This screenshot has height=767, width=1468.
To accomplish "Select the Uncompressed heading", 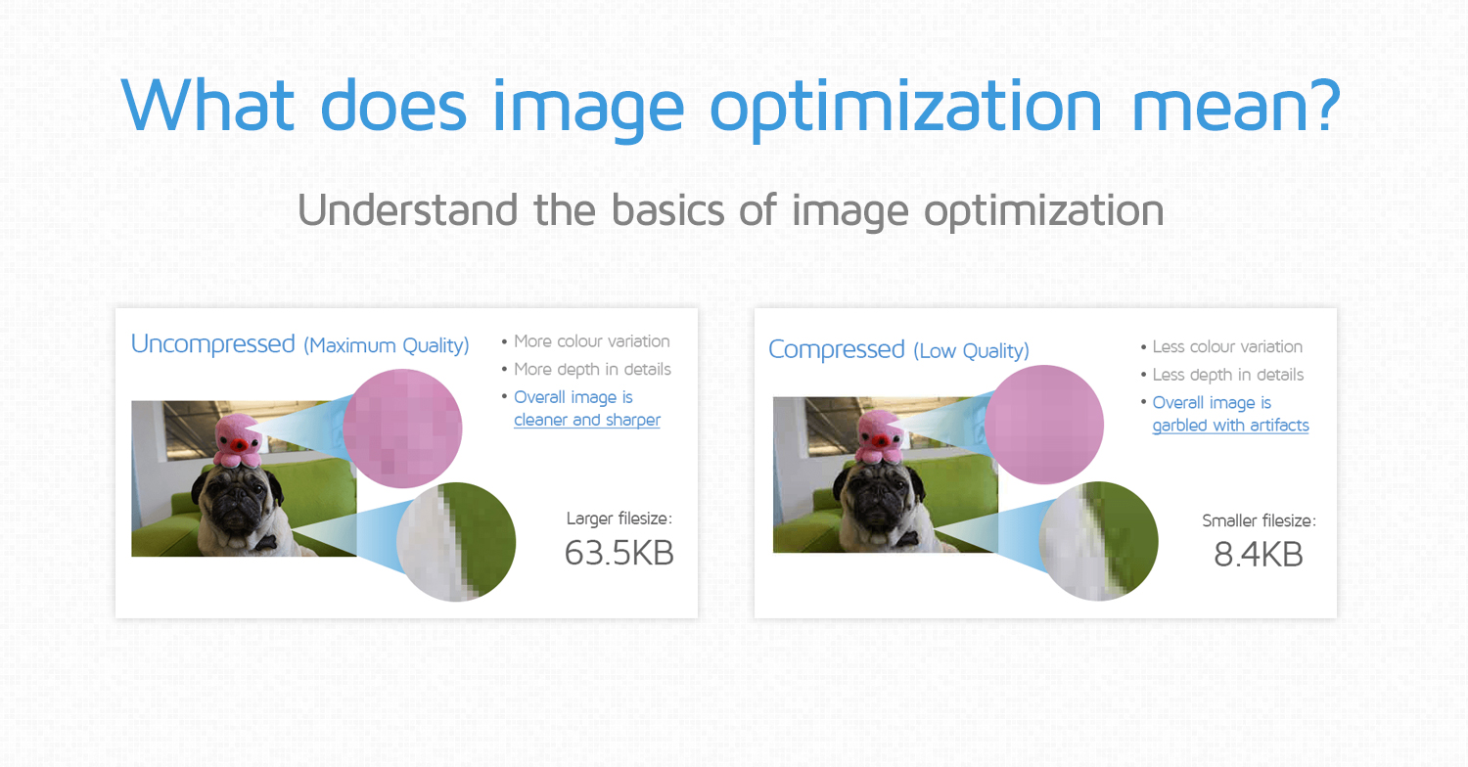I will pos(212,344).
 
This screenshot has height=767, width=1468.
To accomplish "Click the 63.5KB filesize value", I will pos(619,553).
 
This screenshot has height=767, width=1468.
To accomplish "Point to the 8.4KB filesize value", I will pos(1258,555).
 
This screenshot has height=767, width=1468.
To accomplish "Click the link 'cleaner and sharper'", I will pos(587,420).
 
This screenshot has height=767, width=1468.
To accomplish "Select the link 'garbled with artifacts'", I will pos(1230,426).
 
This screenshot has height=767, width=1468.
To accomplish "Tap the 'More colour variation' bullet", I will pos(591,341).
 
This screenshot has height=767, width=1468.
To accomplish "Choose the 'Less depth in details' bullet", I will pos(1227,375).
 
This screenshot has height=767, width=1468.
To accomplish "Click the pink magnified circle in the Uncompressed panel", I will pos(402,429).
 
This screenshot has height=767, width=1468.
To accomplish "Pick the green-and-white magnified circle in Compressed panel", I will pos(1098,540).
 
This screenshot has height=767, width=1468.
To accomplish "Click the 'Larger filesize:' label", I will pos(619,519).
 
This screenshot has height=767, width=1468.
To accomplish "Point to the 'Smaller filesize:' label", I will pos(1259,521).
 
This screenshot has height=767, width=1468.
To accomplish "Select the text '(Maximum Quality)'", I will pos(386,345).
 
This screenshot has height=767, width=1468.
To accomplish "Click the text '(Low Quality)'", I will pos(971,350).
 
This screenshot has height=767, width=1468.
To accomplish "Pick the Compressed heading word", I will pos(836,349).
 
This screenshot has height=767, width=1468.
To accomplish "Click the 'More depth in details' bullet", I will pos(592,370).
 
